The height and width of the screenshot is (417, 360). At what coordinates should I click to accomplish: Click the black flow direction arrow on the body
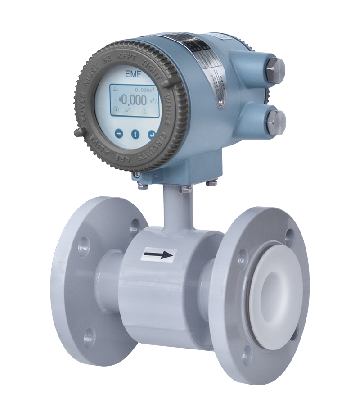pos(157,255)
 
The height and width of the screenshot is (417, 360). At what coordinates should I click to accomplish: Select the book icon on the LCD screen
pos(117,109)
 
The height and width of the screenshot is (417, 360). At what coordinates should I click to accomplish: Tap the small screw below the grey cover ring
pos(136,174)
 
